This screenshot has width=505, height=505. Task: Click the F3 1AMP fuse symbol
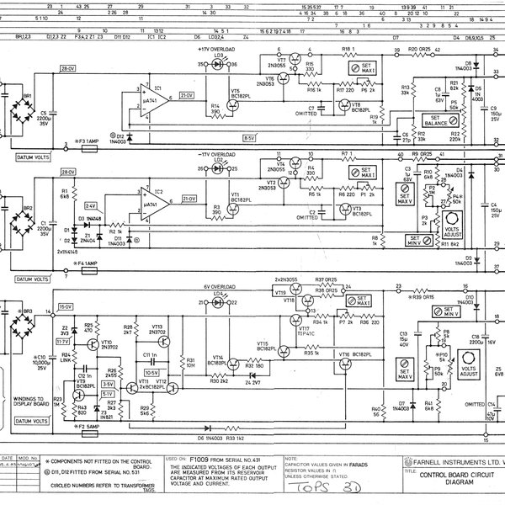tap(85, 141)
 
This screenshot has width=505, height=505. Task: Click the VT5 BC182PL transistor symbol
tap(226, 91)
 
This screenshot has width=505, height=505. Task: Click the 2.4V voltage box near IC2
tap(89, 205)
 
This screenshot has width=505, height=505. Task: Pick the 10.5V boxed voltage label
tap(152, 370)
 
